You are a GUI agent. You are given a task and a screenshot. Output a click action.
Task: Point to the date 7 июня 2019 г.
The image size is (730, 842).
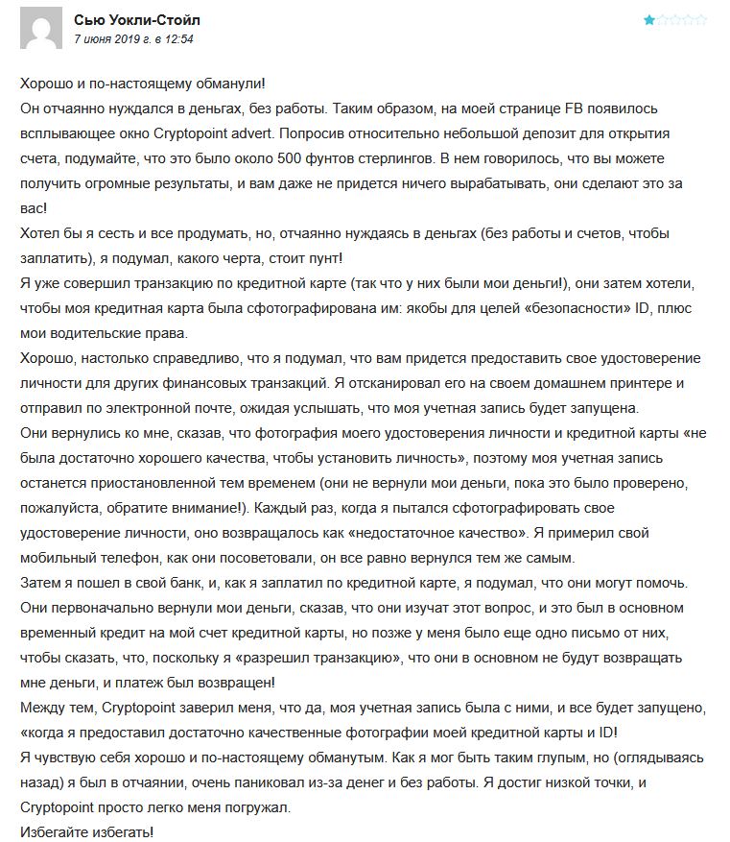(x=119, y=39)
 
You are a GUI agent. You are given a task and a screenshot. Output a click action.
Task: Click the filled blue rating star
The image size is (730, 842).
(x=650, y=19)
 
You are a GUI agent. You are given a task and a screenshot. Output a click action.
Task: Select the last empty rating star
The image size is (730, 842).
(x=702, y=19)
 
